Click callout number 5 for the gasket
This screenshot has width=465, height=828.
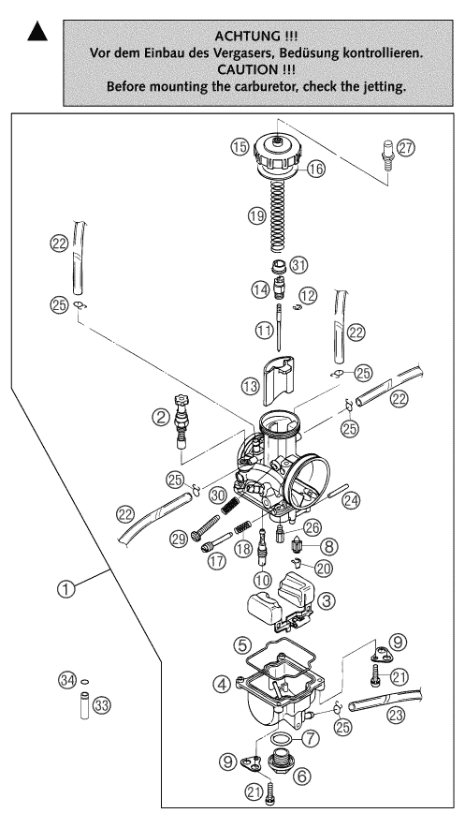click(241, 645)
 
